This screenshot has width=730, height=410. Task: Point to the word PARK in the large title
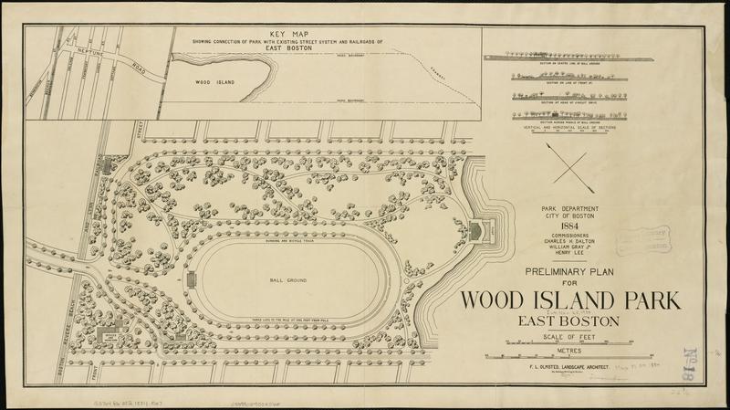[x=610, y=300]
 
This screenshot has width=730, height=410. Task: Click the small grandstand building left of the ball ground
[x=190, y=280]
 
